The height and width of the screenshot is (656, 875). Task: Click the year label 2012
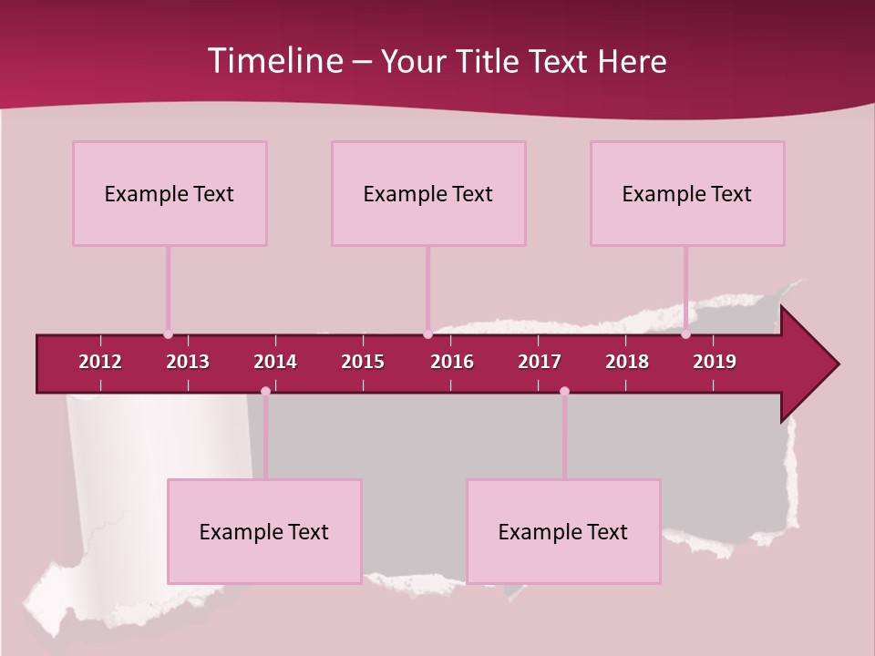click(x=100, y=362)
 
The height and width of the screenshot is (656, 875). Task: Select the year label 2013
click(x=188, y=362)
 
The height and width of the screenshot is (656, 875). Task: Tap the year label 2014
click(x=275, y=362)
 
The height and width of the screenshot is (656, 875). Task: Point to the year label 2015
click(x=363, y=362)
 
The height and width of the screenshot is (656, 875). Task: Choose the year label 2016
click(x=452, y=362)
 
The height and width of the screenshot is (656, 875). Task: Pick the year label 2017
click(x=540, y=362)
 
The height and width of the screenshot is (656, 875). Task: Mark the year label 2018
click(x=627, y=362)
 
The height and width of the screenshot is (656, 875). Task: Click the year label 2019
click(x=715, y=362)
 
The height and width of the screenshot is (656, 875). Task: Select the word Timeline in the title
click(x=273, y=61)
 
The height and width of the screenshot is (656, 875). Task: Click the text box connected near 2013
click(x=170, y=193)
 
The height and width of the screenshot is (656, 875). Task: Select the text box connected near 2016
click(x=428, y=193)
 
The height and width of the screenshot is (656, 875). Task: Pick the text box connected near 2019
click(x=687, y=193)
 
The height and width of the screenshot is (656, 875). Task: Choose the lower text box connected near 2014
click(x=264, y=531)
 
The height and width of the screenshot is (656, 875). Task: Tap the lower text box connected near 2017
click(x=563, y=531)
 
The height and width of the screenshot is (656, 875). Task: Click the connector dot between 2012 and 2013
click(x=168, y=334)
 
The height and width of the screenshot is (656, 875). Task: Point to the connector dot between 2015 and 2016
click(x=427, y=334)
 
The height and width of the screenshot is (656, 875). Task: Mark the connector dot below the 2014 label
click(x=265, y=391)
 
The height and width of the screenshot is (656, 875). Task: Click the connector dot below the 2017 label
click(x=564, y=391)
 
